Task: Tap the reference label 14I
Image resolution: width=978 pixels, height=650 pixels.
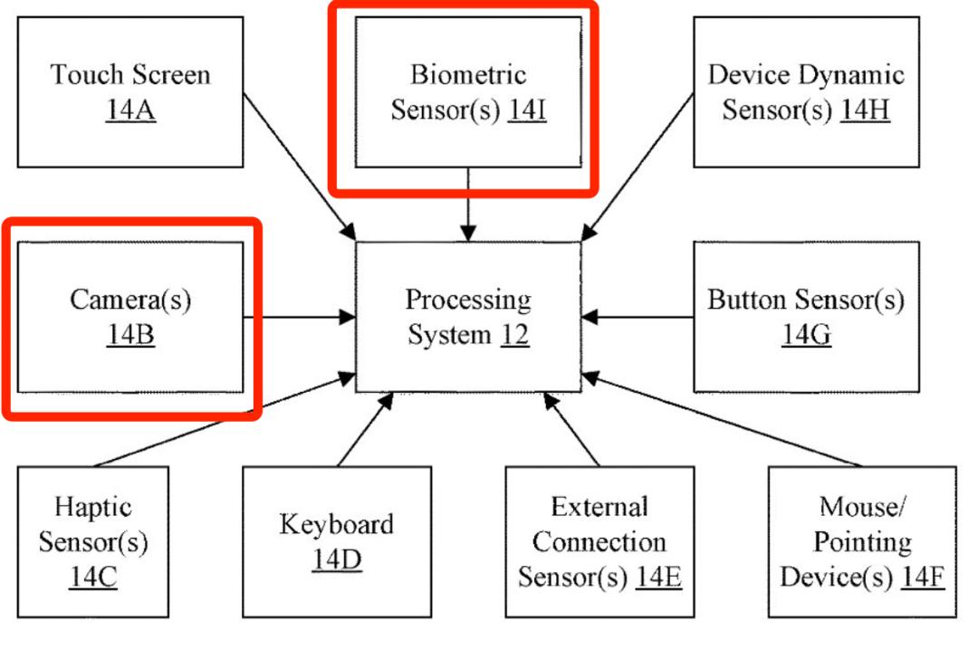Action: [527, 110]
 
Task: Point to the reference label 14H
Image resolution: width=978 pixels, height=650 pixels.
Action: [865, 110]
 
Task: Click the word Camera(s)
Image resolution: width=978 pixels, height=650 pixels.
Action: [130, 300]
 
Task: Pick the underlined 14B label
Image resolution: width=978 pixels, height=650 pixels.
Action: [130, 336]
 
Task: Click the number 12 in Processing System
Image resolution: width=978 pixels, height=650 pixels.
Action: [515, 336]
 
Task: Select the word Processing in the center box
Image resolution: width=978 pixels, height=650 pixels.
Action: [468, 299]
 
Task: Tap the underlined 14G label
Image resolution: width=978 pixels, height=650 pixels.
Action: [806, 336]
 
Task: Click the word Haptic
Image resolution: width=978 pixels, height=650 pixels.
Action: [92, 505]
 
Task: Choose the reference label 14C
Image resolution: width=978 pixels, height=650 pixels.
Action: [92, 578]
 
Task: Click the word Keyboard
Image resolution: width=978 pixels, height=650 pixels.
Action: [336, 524]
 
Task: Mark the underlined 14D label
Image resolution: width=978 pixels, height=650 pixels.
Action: [337, 560]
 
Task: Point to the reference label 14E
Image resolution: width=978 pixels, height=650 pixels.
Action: [658, 578]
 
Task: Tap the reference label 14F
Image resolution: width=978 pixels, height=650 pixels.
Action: [921, 578]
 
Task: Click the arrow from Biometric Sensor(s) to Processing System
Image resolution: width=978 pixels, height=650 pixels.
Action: [468, 204]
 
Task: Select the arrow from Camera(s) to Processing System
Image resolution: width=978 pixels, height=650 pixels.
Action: [299, 317]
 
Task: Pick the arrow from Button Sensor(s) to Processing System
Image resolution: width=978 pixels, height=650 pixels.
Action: [638, 317]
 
